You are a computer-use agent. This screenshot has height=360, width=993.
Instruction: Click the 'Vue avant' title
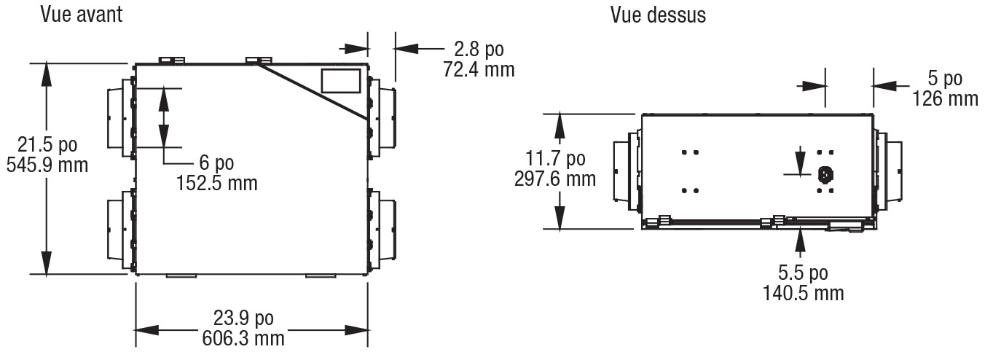pos(81,14)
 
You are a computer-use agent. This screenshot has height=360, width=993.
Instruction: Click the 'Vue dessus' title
pos(658,15)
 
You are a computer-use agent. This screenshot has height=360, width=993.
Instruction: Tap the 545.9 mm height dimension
pos(47,165)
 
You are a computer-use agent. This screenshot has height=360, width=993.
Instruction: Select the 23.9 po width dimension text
pos(243,318)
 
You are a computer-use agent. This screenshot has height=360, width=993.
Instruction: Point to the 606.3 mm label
pos(243,338)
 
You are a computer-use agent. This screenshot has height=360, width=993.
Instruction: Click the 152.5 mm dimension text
pos(217,183)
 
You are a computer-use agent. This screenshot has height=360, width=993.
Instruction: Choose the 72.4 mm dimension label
pos(479,70)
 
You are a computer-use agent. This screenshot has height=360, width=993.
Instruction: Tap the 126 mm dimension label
pos(945,98)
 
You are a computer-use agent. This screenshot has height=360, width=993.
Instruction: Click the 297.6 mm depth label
pos(555,179)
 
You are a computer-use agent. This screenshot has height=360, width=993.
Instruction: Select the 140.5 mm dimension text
pos(803,294)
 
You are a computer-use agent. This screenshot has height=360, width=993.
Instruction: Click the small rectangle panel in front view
pos(340,81)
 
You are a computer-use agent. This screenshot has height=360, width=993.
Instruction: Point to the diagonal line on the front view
pos(313,92)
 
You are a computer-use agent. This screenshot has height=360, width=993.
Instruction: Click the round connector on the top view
pos(825,175)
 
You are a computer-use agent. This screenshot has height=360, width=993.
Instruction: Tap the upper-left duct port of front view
pos(121,117)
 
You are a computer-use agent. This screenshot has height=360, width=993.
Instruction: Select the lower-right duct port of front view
pos(382,230)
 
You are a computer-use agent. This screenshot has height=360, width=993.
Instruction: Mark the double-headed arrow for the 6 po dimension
pos(164,117)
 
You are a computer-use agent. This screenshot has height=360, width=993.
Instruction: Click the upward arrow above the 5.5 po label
pos(800,243)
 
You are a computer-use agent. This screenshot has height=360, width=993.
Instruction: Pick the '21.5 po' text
pos(47,145)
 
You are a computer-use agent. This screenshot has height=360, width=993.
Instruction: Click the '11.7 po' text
pos(555,159)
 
